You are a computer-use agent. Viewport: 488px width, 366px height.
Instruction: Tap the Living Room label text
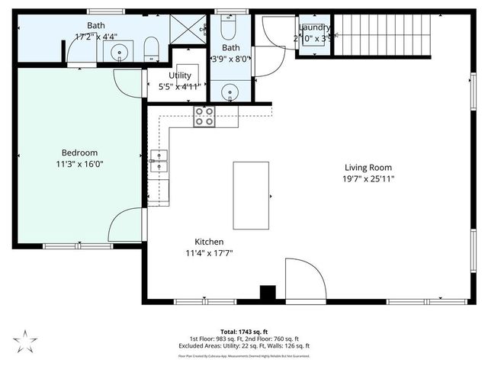pyautogui.click(x=368, y=168)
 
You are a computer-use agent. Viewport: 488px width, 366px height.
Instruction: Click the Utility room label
pyautogui.click(x=180, y=75)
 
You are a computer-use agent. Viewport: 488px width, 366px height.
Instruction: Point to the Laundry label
pyautogui.click(x=313, y=27)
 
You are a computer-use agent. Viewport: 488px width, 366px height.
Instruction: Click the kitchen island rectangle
pyautogui.click(x=251, y=194)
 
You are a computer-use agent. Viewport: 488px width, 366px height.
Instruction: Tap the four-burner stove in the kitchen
pyautogui.click(x=204, y=116)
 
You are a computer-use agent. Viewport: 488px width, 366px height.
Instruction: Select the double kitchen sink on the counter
pyautogui.click(x=159, y=161)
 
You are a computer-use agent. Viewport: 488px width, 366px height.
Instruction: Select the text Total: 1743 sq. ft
pyautogui.click(x=244, y=332)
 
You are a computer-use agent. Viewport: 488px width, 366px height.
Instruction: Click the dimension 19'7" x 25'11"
pyautogui.click(x=368, y=179)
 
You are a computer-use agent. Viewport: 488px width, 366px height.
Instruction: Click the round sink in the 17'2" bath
pyautogui.click(x=119, y=53)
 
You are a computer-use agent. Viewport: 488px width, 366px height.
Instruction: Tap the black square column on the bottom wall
pyautogui.click(x=266, y=294)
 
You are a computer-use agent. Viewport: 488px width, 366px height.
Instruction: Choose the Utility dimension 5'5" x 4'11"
pyautogui.click(x=180, y=86)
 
